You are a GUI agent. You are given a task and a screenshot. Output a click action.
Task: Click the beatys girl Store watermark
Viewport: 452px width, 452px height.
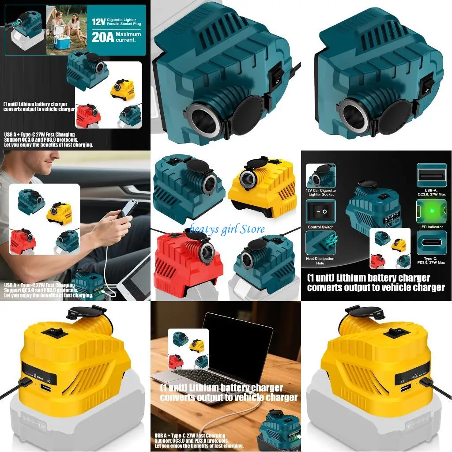[227, 229]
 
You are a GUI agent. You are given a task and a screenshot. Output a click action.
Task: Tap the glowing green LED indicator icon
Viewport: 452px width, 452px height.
[431, 211]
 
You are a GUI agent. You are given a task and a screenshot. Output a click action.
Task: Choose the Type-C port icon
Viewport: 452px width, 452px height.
[431, 243]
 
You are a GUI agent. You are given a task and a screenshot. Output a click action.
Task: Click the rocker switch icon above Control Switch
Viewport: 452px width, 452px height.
[320, 211]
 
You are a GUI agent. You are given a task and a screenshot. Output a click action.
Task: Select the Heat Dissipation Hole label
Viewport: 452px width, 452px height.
[320, 260]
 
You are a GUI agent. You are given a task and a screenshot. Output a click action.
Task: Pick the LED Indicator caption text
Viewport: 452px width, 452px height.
[431, 227]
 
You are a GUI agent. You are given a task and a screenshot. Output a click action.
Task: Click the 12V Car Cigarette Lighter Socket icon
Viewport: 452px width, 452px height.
[320, 176]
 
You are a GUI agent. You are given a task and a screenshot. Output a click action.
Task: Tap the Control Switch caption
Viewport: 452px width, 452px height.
[320, 227]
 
